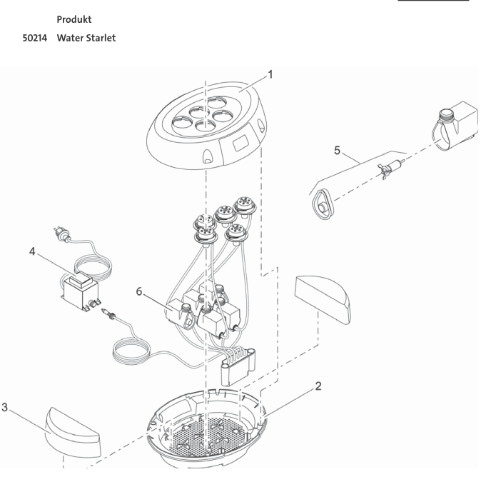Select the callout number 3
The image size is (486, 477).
click(x=5, y=408)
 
